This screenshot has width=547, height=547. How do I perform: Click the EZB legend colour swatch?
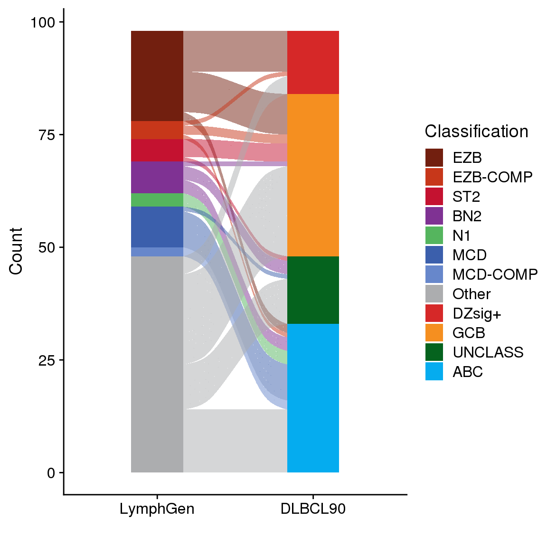point(434,158)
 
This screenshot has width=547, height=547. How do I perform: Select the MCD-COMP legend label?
point(495,274)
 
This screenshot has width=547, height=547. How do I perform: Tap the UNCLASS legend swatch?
point(434,352)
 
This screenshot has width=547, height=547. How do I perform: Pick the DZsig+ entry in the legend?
point(477,313)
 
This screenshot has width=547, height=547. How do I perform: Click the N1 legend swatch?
point(434,236)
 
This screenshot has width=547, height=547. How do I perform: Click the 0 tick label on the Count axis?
point(51,473)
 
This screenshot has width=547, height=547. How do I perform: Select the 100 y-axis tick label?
point(43,22)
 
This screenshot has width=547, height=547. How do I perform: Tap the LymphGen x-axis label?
point(157,509)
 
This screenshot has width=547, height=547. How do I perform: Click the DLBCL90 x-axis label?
point(313,509)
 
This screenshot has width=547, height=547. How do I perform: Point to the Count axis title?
point(16,251)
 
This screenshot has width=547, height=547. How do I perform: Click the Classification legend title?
point(476,132)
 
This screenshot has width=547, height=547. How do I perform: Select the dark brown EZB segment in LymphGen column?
point(157,76)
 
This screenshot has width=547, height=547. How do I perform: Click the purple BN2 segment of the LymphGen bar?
point(157,177)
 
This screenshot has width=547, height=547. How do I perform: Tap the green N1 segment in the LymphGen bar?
point(157,200)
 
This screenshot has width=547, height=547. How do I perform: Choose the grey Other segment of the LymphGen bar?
point(157,364)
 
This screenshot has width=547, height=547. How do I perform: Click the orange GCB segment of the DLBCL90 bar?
point(313,175)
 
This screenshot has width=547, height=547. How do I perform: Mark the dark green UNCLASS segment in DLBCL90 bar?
point(313,290)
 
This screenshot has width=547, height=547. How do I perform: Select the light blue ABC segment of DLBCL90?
point(313,398)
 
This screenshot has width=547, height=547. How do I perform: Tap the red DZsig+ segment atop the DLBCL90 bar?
point(313,62)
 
